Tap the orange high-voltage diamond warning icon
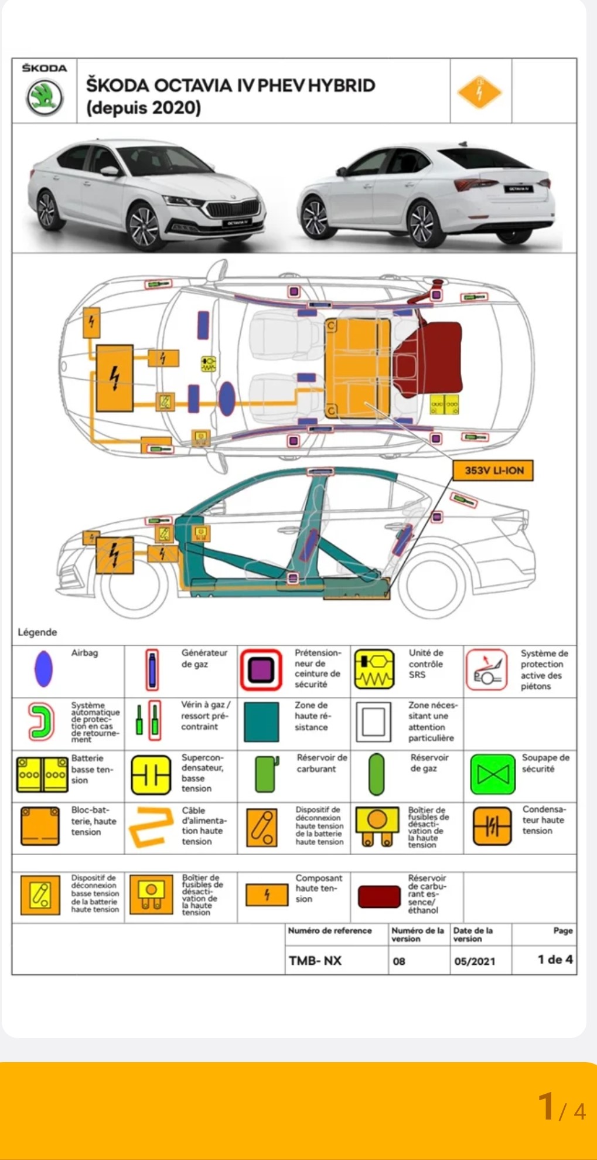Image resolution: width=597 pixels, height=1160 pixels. coord(480,92)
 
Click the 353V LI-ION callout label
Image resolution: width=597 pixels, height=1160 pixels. coord(493,470)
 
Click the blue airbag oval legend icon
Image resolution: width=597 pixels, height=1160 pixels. coord(44,668)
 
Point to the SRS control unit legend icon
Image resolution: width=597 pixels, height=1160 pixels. coord(374,669)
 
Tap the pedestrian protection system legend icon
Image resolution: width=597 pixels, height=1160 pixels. coord(486,669)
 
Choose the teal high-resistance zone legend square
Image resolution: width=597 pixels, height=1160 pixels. coord(261,722)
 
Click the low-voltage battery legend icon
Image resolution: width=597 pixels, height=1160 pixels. coord(42,774)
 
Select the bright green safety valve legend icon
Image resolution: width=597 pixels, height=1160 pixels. coord(493,774)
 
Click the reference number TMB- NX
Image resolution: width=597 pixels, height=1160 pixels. coord(315,961)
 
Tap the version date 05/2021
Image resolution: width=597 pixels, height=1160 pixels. coord(475,961)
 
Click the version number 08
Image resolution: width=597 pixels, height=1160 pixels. coord(399,961)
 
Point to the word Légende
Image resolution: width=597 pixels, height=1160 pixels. coord(37,632)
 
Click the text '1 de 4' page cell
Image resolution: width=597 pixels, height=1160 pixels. coord(555,960)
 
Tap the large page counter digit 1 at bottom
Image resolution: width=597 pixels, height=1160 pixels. coord(546,1106)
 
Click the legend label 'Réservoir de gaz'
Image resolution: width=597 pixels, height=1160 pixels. coord(429,763)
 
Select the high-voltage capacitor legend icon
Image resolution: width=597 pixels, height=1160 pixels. coord(492,826)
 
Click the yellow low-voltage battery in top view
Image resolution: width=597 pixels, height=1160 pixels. coord(445,404)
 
